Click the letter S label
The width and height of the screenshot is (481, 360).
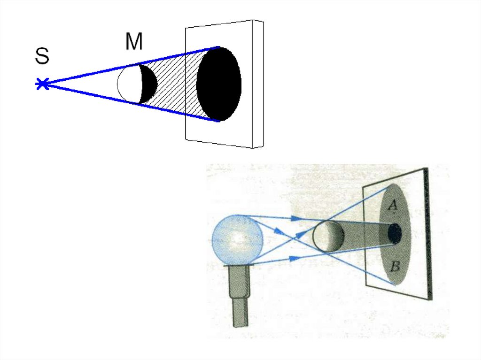click(x=42, y=57)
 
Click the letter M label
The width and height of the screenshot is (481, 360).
click(x=134, y=43)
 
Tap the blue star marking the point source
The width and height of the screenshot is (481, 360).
click(x=42, y=84)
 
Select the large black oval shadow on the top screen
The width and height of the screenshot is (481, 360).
click(x=219, y=84)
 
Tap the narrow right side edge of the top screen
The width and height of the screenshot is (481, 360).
click(x=258, y=84)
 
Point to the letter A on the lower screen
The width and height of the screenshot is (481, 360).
click(x=394, y=205)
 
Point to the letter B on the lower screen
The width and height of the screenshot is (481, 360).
click(x=395, y=268)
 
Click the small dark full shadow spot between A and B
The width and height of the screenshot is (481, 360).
click(x=395, y=233)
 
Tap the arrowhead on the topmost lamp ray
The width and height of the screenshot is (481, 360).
click(x=295, y=218)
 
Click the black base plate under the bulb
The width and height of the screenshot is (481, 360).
click(x=240, y=266)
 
